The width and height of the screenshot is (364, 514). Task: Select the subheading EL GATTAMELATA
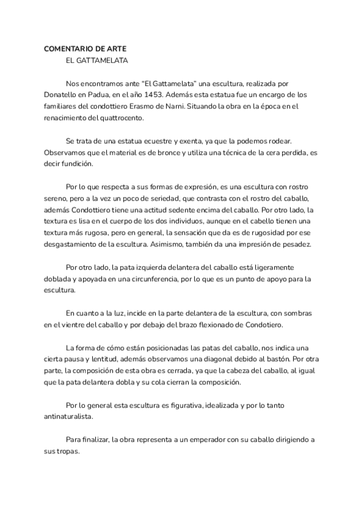[96, 61]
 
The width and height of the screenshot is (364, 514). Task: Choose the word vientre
[72, 325]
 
